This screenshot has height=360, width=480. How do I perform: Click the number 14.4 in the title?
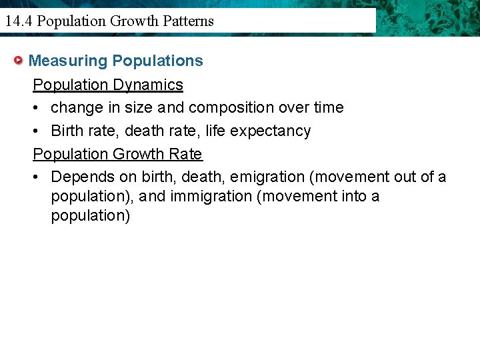(18, 21)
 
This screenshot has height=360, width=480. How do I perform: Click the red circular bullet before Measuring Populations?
(20, 61)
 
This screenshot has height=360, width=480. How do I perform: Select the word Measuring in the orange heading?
(68, 61)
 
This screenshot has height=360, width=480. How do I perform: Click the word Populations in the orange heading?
(158, 61)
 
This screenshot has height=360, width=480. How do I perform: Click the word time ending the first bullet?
(329, 107)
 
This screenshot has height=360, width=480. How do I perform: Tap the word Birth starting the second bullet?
(66, 131)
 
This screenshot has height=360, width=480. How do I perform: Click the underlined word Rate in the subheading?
(186, 154)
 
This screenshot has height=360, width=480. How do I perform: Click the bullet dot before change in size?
(38, 108)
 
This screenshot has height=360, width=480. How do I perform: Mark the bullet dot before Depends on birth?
(38, 177)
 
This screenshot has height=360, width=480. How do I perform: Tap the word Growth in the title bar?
(131, 21)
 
